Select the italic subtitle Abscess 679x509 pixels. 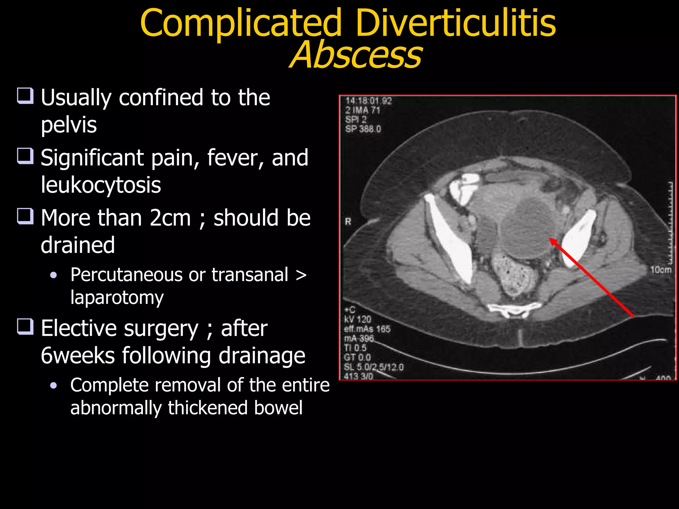[x=356, y=55]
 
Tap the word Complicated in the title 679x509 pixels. [x=241, y=23]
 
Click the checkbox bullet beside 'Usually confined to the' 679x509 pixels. [x=26, y=96]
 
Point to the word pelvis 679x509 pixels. [x=69, y=125]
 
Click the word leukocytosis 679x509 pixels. [x=101, y=185]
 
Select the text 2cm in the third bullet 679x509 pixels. [x=170, y=218]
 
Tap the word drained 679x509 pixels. [x=78, y=245]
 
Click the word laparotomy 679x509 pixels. [x=117, y=297]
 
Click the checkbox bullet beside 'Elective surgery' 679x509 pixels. [x=26, y=326]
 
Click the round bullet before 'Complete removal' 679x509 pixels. [x=54, y=385]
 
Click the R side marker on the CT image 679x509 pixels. [x=348, y=221]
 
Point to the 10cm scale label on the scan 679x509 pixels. [x=660, y=270]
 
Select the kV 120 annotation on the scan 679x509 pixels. [x=357, y=319]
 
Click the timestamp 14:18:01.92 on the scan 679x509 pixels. [x=368, y=101]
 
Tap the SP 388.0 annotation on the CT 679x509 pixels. [x=363, y=129]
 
